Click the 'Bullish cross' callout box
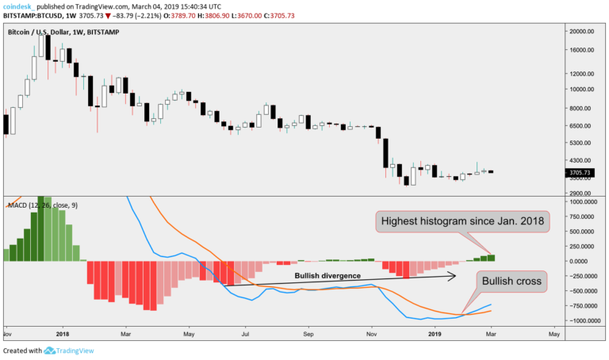pyautogui.click(x=511, y=281)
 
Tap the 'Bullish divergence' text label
pyautogui.click(x=327, y=276)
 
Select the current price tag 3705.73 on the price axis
pyautogui.click(x=582, y=171)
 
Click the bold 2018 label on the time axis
pyautogui.click(x=63, y=335)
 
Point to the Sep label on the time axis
pyautogui.click(x=309, y=335)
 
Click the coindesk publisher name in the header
pyautogui.click(x=21, y=6)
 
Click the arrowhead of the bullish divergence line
pyautogui.click(x=454, y=276)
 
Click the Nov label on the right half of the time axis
pyautogui.click(x=371, y=335)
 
